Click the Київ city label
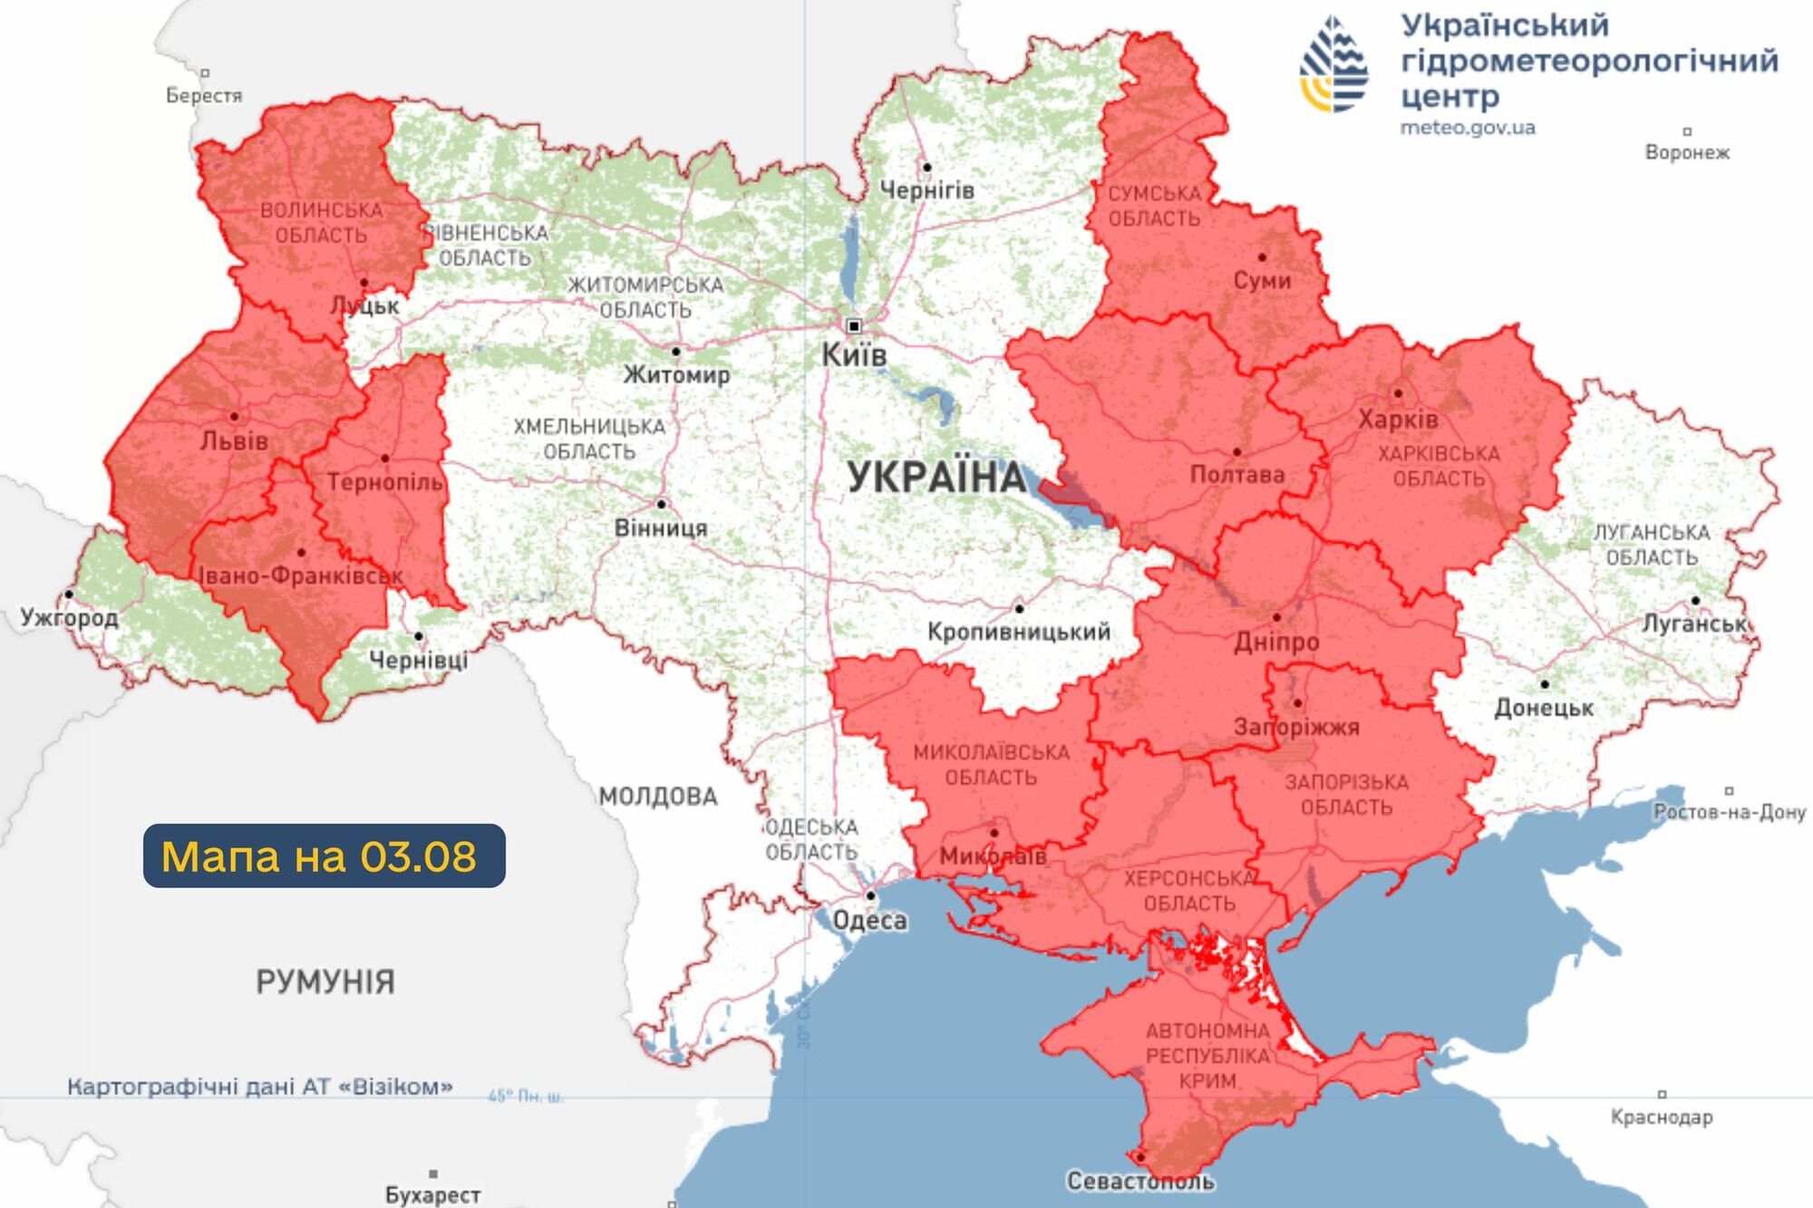pyautogui.click(x=853, y=355)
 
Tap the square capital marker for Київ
pyautogui.click(x=853, y=325)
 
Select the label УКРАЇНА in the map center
pyautogui.click(x=937, y=478)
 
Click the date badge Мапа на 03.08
pyautogui.click(x=324, y=855)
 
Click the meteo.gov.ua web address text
pyautogui.click(x=1468, y=128)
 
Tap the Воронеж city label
pyautogui.click(x=1687, y=152)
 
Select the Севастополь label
pyautogui.click(x=1140, y=1181)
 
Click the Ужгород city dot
pyautogui.click(x=69, y=594)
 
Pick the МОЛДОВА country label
pyautogui.click(x=658, y=797)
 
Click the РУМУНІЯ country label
pyautogui.click(x=325, y=981)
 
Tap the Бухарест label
pyautogui.click(x=432, y=1194)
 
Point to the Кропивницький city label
pyautogui.click(x=1018, y=632)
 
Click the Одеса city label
pyautogui.click(x=869, y=921)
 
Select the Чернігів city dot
pyautogui.click(x=926, y=168)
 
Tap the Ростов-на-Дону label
pyautogui.click(x=1730, y=812)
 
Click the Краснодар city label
pyautogui.click(x=1662, y=1116)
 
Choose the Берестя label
pyautogui.click(x=204, y=95)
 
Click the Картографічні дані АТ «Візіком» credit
pyautogui.click(x=260, y=1086)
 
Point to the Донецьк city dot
pyautogui.click(x=1544, y=684)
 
